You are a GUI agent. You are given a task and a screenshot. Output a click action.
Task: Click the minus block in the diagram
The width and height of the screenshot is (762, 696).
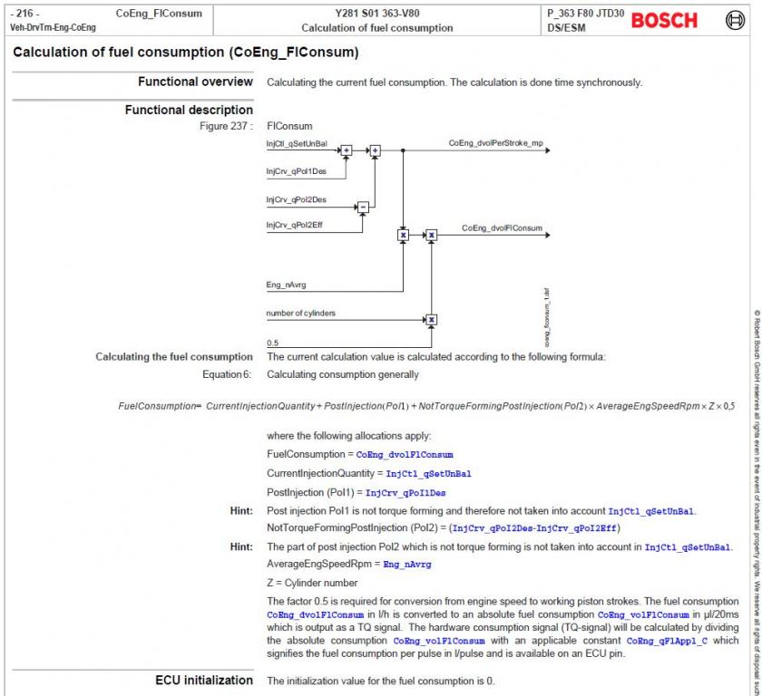(363, 207)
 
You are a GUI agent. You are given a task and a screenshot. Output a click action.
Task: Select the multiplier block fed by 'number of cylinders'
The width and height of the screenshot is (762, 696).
(432, 319)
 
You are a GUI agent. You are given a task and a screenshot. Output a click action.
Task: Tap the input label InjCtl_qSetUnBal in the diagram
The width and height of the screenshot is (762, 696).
(297, 144)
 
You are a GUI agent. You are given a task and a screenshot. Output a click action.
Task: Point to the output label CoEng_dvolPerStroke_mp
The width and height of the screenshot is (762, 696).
(495, 143)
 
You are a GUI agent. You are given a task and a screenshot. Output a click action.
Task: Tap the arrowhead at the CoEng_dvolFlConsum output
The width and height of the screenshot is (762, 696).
(547, 235)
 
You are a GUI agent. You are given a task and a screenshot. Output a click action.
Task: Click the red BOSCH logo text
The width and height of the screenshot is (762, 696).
(664, 20)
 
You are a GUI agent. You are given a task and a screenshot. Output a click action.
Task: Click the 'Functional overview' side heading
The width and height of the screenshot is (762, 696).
(195, 82)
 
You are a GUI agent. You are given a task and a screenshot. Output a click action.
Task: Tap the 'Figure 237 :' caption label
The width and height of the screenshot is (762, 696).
(226, 126)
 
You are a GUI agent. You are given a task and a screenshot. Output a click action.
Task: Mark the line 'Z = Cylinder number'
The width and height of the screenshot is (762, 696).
(312, 583)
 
